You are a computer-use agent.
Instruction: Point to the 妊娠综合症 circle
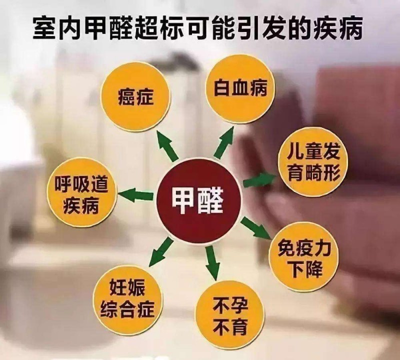tap(131, 299)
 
